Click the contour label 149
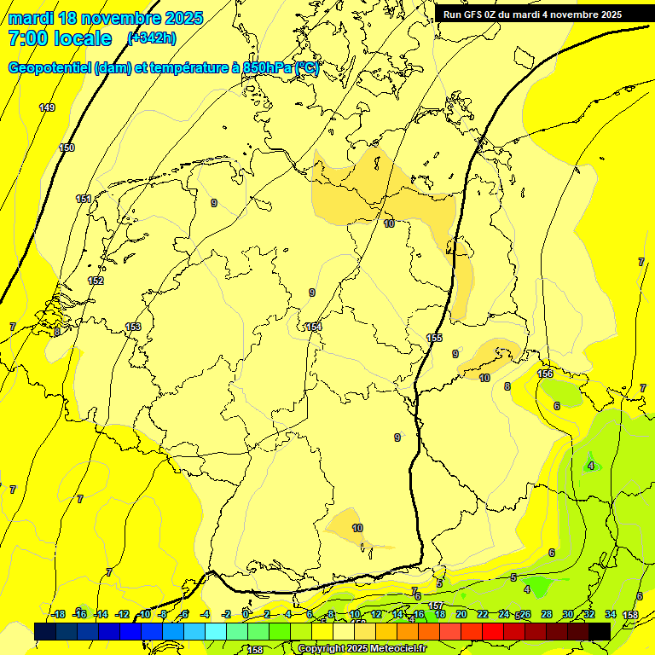pyautogui.click(x=47, y=107)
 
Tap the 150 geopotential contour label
pyautogui.click(x=67, y=148)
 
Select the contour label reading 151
pyautogui.click(x=84, y=199)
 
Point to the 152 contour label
pyautogui.click(x=96, y=281)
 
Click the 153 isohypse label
pyautogui.click(x=133, y=327)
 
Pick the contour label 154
pyautogui.click(x=315, y=327)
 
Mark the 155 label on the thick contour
pyautogui.click(x=435, y=339)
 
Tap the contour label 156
pyautogui.click(x=545, y=374)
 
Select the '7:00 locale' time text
pyautogui.click(x=60, y=38)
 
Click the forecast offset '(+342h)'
pyautogui.click(x=152, y=38)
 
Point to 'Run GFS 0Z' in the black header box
pyautogui.click(x=474, y=14)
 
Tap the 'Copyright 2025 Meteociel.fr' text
pyautogui.click(x=361, y=649)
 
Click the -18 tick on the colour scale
pyautogui.click(x=58, y=614)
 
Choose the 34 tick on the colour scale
pyautogui.click(x=611, y=614)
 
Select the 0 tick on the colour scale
pyautogui.click(x=246, y=614)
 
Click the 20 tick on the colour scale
pyautogui.click(x=461, y=614)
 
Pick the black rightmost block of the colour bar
pyautogui.click(x=600, y=631)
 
